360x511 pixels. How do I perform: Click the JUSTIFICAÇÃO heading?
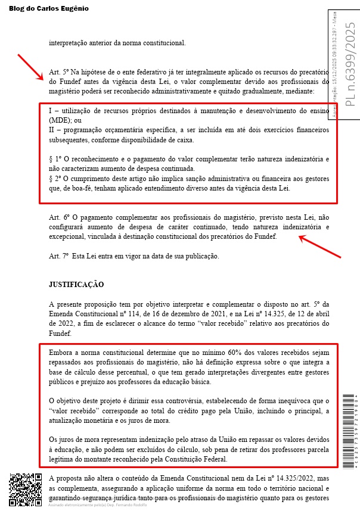[76, 285]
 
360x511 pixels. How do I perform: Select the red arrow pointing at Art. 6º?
[319, 247]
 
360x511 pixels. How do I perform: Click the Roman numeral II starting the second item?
[52, 129]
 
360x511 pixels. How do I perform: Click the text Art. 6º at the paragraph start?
[58, 218]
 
